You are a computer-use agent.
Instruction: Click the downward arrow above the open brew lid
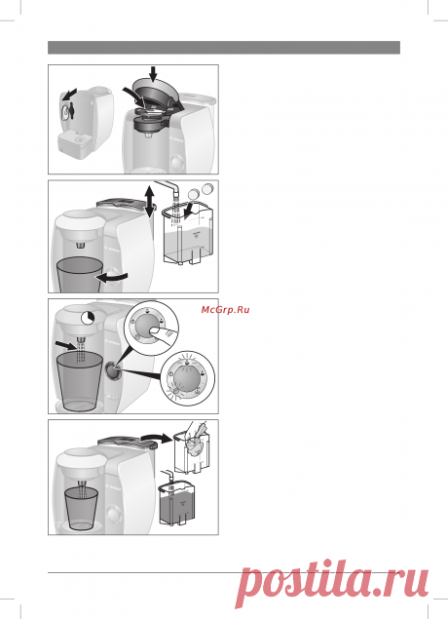(x=153, y=73)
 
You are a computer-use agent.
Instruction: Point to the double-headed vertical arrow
(x=149, y=202)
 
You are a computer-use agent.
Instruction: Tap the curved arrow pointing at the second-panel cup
(x=112, y=277)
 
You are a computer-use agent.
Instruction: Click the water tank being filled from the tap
(x=190, y=235)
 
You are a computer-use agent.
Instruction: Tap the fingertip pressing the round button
(x=160, y=331)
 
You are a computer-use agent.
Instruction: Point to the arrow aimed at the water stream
(x=64, y=346)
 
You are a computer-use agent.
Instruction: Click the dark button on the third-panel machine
(x=112, y=370)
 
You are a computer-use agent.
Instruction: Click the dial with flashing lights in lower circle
(x=188, y=378)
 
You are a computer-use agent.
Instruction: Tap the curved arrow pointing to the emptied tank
(x=158, y=437)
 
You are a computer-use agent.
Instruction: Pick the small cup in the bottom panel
(x=81, y=509)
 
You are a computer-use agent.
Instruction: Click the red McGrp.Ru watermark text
(x=225, y=310)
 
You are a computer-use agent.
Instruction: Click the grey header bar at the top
(x=224, y=48)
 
